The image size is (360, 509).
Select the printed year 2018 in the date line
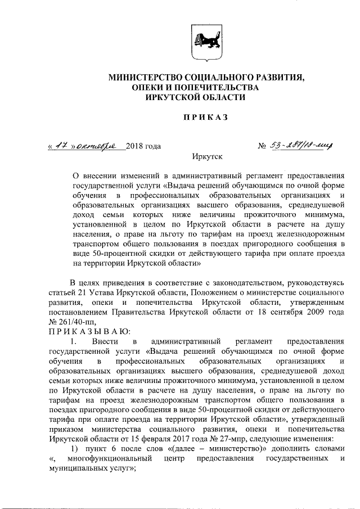(136, 147)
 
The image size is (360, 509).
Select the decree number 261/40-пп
(77, 321)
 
